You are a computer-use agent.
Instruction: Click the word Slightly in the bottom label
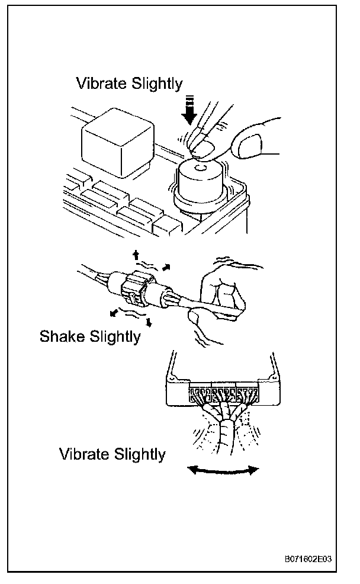138,455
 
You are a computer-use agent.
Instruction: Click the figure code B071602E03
307,559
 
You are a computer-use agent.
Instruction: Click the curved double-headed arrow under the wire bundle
223,470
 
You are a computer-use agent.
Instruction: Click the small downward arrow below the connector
149,323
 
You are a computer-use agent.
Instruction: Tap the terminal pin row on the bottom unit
223,393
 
